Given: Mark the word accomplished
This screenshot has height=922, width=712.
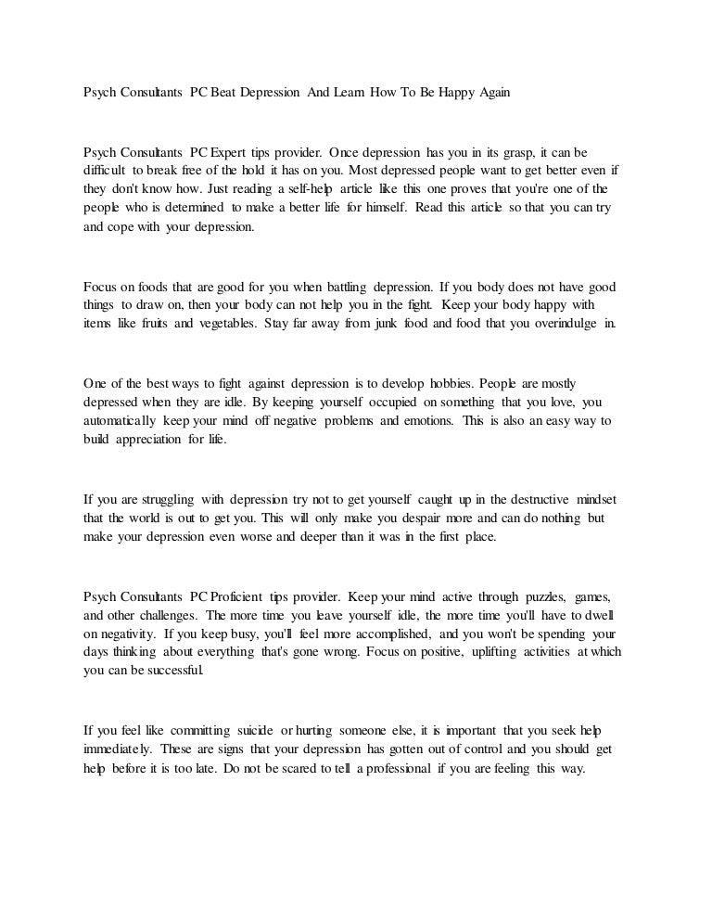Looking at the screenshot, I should (382, 634).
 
